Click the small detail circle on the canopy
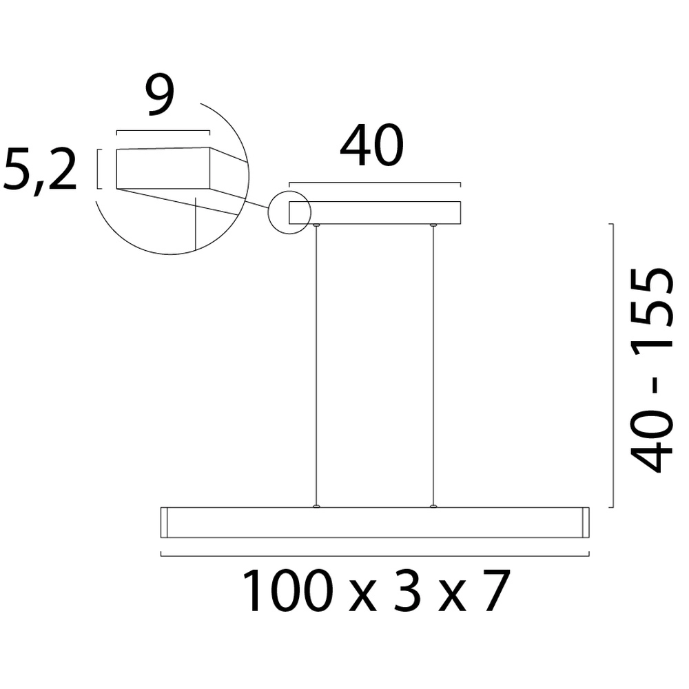289,212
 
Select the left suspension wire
316,365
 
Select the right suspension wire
433,365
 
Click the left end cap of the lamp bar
165,522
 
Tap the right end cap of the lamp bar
585,522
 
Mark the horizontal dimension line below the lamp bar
375,554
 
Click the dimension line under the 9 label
163,132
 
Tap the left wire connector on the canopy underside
316,225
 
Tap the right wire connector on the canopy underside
433,225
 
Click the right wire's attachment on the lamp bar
433,506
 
